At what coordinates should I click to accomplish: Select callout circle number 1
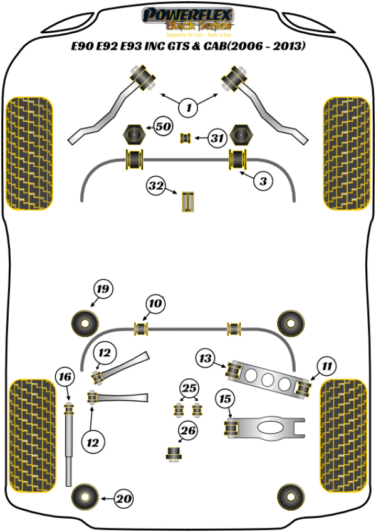click(x=188, y=107)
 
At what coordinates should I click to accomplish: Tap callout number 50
click(x=163, y=127)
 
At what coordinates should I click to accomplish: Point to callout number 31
click(x=216, y=137)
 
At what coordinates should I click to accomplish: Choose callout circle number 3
click(x=263, y=181)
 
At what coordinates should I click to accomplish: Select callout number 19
click(x=103, y=289)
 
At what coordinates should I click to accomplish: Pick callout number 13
click(x=204, y=358)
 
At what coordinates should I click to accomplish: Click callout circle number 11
click(x=327, y=365)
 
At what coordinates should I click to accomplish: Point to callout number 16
click(x=64, y=377)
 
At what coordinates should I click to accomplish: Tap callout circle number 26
click(x=188, y=430)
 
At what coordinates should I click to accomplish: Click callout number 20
click(x=125, y=499)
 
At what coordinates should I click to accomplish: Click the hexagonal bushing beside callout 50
click(x=133, y=134)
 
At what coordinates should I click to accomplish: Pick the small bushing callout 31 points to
click(x=185, y=137)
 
